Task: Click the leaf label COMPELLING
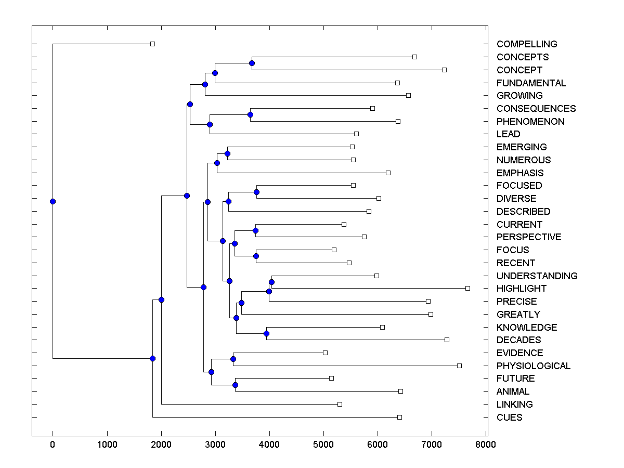coord(527,44)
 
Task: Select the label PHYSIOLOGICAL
coord(533,366)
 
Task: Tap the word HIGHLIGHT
coord(522,289)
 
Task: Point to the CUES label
coord(509,417)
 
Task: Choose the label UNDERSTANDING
coord(537,276)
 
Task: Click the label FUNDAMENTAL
coord(531,83)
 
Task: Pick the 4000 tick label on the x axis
coord(269,444)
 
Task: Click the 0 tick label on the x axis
coord(53,444)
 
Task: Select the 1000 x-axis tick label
coord(107,444)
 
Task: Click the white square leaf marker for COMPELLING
coord(152,44)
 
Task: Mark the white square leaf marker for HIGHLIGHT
coord(467,288)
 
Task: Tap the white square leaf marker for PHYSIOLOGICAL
coord(459,366)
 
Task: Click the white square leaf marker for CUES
coord(399,417)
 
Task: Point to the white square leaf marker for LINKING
coord(340,404)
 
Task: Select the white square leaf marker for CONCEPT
coord(444,70)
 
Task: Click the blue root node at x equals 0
coord(53,201)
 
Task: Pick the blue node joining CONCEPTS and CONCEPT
coord(252,63)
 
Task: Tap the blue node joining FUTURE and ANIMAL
coord(235,385)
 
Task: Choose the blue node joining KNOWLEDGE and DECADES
coord(266,333)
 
